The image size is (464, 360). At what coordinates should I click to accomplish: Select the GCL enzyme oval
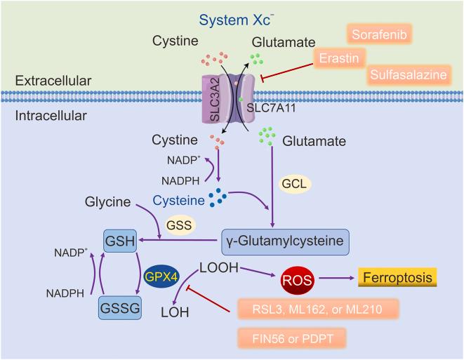pos(296,182)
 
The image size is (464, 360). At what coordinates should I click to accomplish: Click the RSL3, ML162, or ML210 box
pos(318,310)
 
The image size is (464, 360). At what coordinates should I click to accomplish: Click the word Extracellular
pos(53,81)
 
